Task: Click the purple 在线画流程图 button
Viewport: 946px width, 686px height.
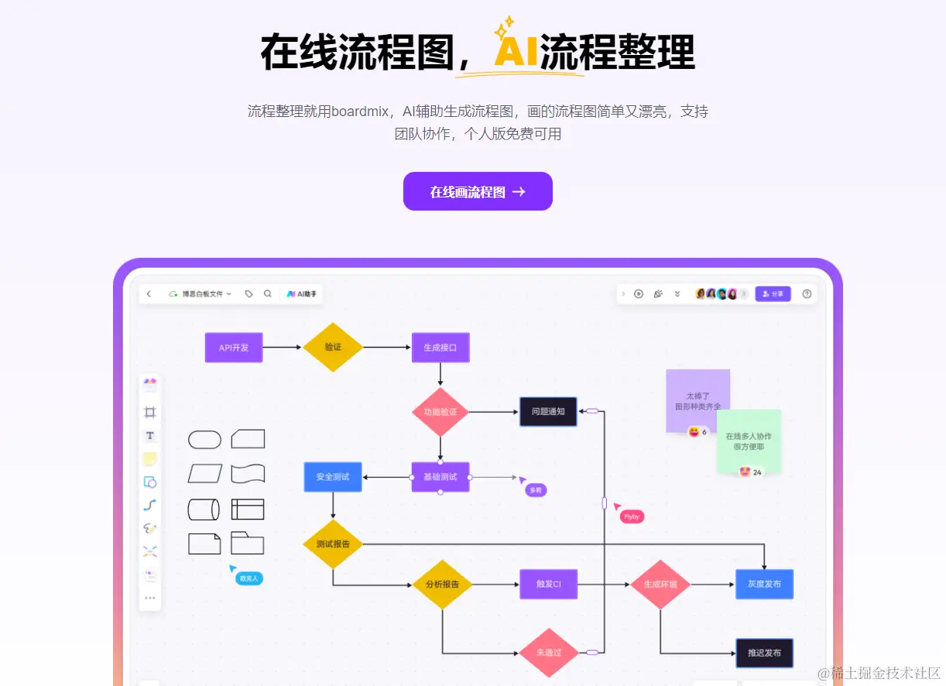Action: (478, 191)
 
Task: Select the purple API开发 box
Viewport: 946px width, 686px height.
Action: (234, 348)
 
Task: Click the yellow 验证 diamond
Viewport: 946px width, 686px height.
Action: (333, 347)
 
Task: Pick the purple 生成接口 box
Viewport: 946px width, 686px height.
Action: (440, 348)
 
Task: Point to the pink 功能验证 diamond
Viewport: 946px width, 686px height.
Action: (440, 411)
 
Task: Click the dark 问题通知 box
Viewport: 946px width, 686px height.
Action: (548, 411)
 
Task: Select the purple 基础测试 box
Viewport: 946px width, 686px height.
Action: (440, 476)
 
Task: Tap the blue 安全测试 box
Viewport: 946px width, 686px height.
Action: (333, 476)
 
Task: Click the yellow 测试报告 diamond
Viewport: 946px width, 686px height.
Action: (333, 544)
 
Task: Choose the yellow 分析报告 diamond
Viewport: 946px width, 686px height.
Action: (441, 584)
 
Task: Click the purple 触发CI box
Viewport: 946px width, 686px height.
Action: (548, 584)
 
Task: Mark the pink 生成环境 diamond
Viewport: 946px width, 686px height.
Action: (660, 584)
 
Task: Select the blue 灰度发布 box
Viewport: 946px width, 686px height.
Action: (764, 584)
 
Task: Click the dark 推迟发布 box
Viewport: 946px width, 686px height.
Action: (764, 653)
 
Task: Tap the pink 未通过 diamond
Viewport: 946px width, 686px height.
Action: (549, 653)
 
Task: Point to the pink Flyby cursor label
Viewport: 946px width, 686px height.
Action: (632, 516)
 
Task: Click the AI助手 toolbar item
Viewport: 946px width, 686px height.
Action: (302, 294)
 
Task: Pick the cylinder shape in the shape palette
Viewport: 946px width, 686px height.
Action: (204, 509)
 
